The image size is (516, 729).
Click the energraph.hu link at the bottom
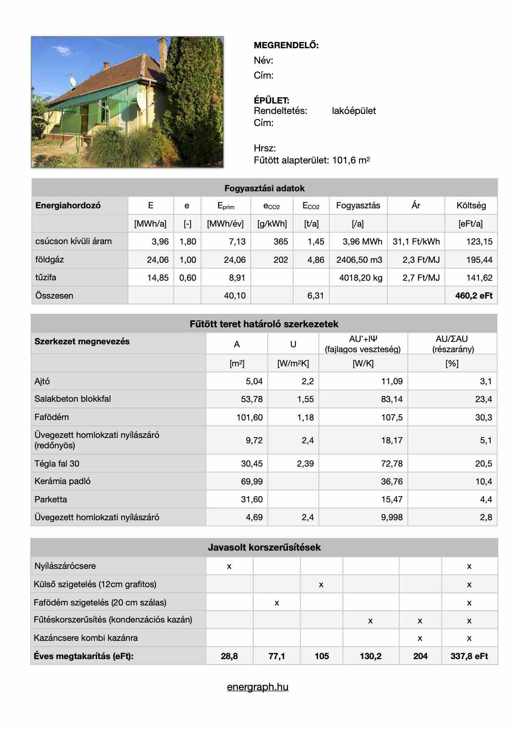tap(258, 687)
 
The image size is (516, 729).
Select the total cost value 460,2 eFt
tap(474, 296)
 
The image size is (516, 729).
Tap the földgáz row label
tap(50, 259)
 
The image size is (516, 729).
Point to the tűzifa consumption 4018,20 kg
tap(360, 278)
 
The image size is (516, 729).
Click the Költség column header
tap(471, 205)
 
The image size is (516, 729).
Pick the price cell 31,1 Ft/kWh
tap(416, 242)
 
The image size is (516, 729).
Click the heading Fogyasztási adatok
tap(264, 188)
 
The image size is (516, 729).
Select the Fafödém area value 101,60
tap(249, 417)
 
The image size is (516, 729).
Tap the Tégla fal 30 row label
tap(57, 464)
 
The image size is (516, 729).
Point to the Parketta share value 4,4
tap(486, 499)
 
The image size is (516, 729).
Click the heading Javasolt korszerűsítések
tap(264, 547)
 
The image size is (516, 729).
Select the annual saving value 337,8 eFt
tap(469, 656)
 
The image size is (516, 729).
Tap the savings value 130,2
tap(370, 656)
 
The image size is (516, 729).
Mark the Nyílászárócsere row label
tap(65, 566)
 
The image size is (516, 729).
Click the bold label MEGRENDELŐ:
tap(286, 46)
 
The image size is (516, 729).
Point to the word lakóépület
tap(354, 111)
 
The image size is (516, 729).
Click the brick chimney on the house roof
tap(162, 52)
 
